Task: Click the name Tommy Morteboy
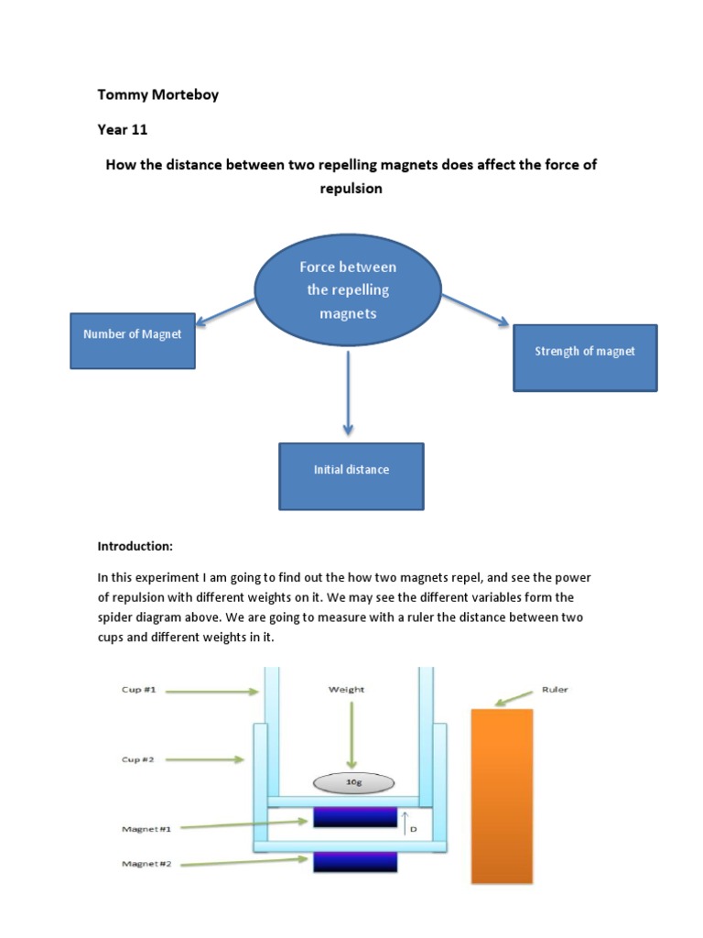157,94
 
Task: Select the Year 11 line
123,129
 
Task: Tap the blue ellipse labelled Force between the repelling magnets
348,290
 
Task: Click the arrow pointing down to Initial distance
348,394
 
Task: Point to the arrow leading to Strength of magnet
475,310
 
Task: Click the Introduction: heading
135,546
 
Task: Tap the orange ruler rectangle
502,795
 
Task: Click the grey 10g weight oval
353,783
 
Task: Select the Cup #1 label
140,690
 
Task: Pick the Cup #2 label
140,759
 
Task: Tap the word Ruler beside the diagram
555,689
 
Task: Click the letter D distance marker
413,830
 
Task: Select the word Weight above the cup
347,690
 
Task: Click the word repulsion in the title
351,189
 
